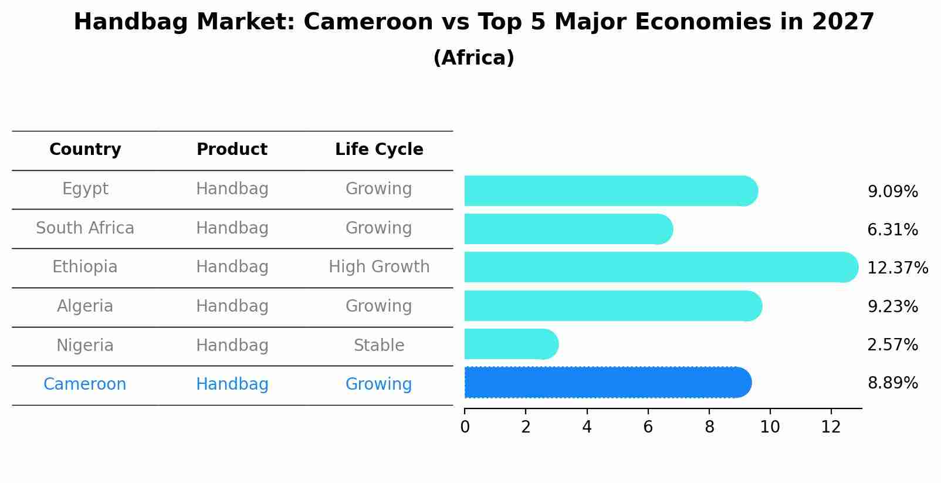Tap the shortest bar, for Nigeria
510,344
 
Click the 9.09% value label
892,192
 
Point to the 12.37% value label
897,268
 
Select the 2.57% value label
892,345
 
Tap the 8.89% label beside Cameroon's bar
892,383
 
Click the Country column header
85,150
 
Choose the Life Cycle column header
379,150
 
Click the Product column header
232,150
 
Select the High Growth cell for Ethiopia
379,267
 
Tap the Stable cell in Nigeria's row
379,346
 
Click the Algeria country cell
85,306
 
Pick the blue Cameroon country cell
85,384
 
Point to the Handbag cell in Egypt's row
232,189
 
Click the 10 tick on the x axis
770,427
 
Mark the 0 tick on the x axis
465,427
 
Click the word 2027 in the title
843,22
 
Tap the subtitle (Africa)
473,58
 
